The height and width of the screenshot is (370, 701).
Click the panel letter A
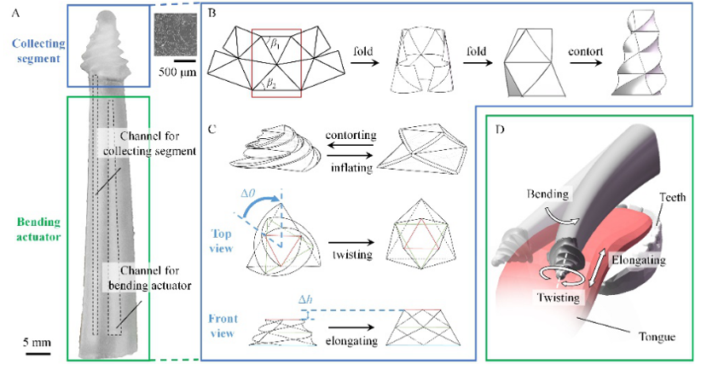pos(8,9)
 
